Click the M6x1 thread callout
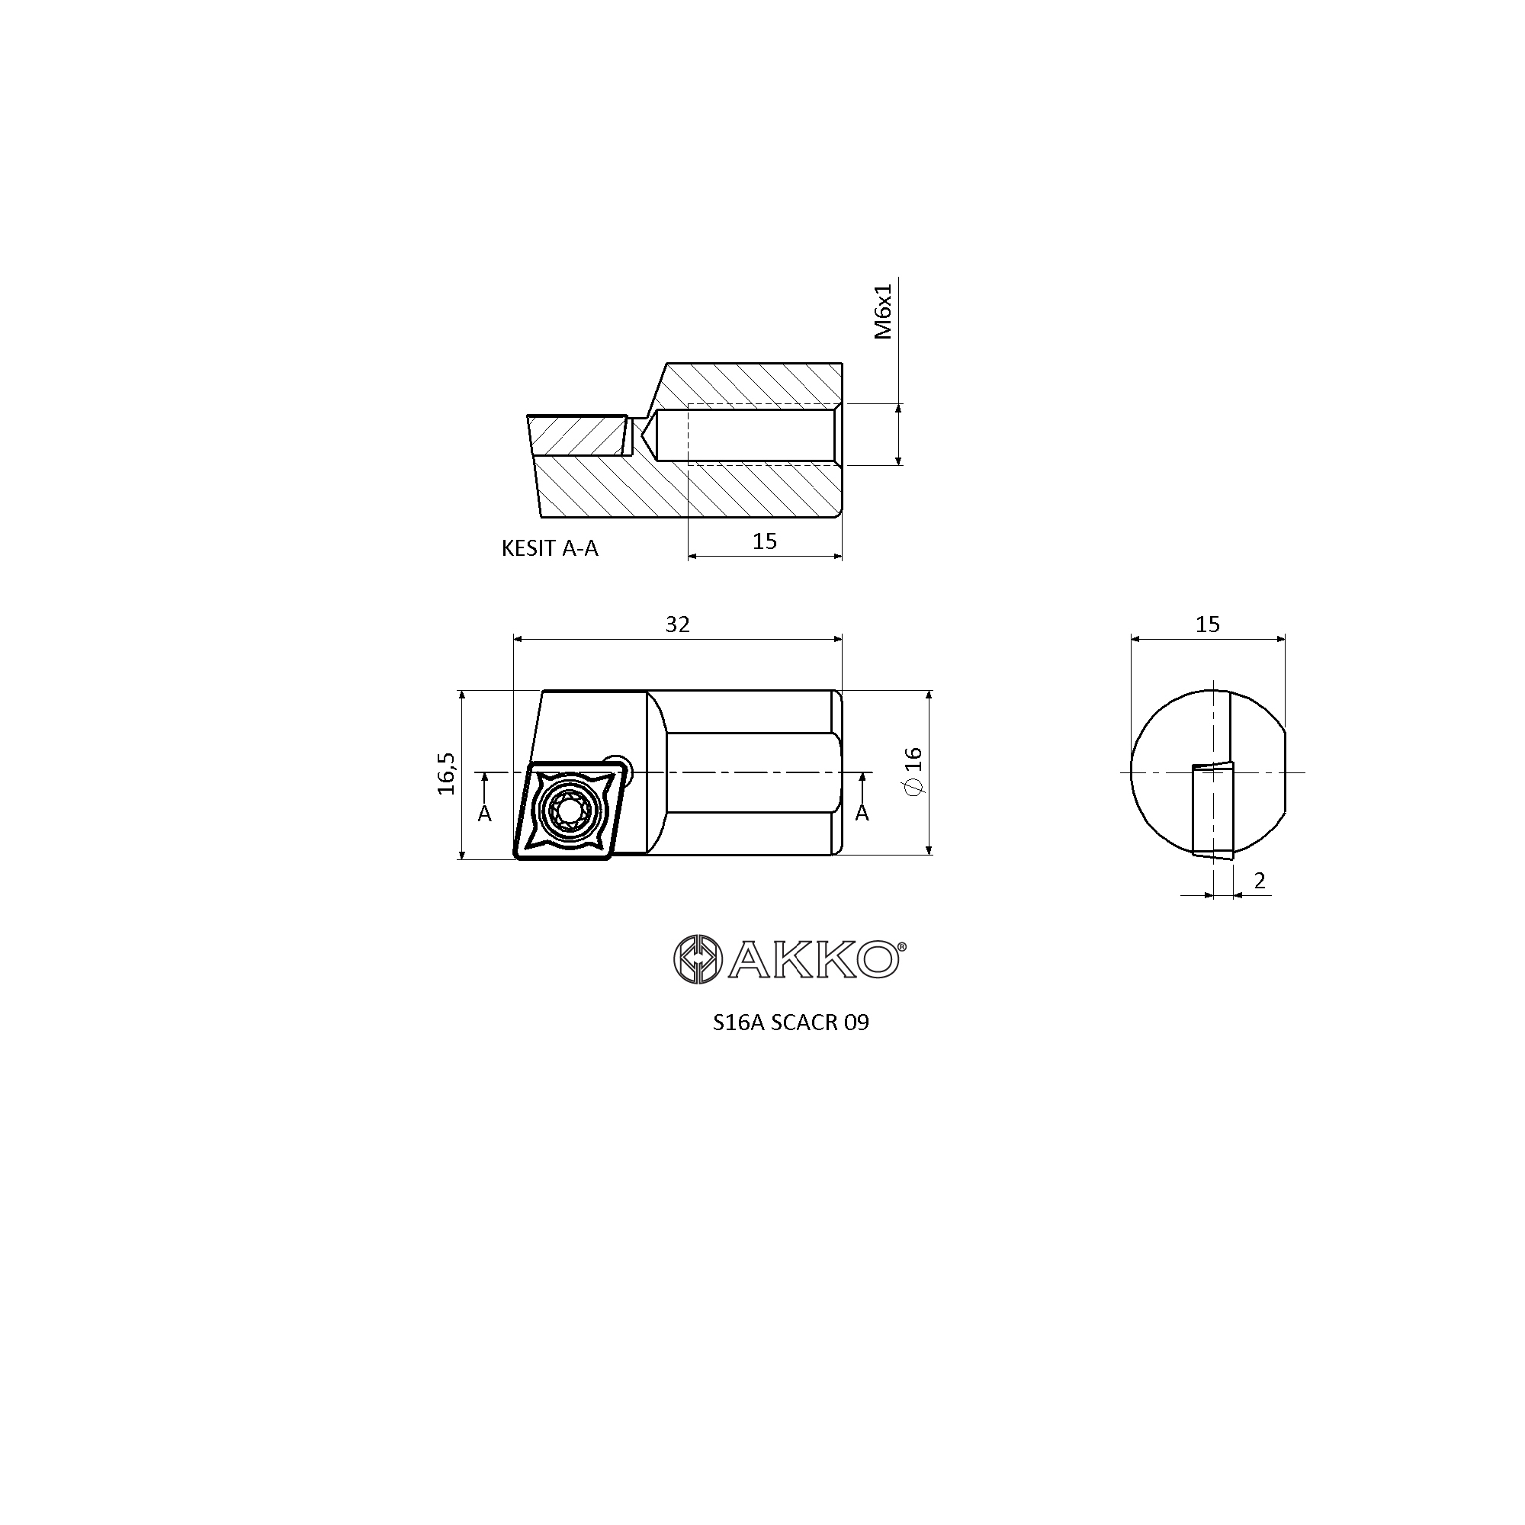[883, 312]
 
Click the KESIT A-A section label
[551, 548]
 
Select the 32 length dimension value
[677, 624]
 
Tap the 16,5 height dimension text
[447, 772]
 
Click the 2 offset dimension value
[1260, 880]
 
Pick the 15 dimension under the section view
[765, 541]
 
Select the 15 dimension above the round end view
[1208, 624]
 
